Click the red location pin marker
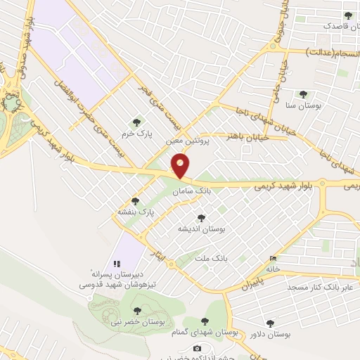[x=181, y=166]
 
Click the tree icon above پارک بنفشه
[x=135, y=201]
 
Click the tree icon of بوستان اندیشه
[x=202, y=219]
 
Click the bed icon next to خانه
[x=273, y=259]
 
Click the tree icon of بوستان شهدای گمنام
[x=205, y=321]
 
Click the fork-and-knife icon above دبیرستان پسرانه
[x=117, y=263]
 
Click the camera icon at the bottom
[x=197, y=349]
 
